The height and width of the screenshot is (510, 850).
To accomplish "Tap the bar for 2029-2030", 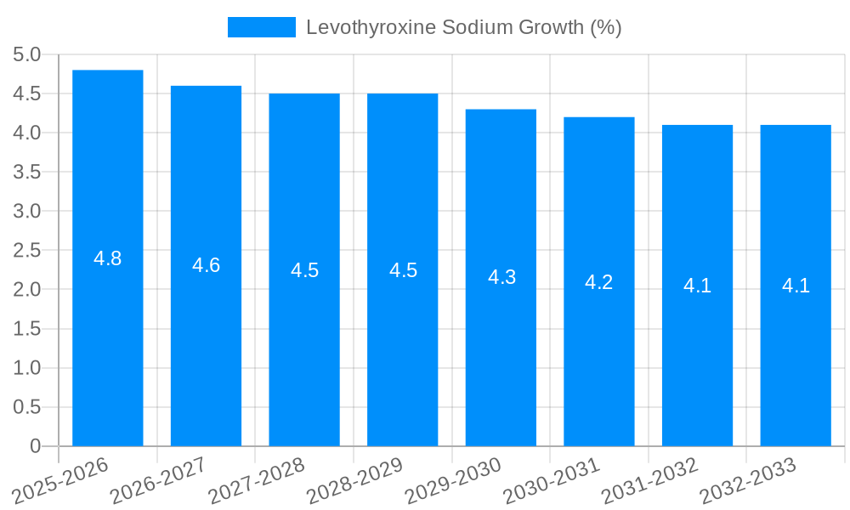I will coord(501,357).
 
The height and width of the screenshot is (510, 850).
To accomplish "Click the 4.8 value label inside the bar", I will coord(108,259).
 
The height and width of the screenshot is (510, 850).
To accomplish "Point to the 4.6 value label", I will coord(206,265).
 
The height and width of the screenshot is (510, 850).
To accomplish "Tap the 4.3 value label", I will coord(501,277).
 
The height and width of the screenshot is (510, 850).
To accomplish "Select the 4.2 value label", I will coord(599,282).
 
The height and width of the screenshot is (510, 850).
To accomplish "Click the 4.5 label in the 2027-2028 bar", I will coord(304,270).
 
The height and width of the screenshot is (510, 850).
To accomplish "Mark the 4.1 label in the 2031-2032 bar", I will coord(697,286).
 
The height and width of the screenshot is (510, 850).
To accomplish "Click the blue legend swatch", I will coord(261,27).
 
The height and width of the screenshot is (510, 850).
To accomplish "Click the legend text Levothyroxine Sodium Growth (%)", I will coord(463,27).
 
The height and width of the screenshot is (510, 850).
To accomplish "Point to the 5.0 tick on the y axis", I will coord(27,55).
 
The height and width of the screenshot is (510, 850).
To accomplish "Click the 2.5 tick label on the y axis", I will coord(27,251).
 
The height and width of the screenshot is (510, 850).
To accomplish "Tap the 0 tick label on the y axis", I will coord(35,446).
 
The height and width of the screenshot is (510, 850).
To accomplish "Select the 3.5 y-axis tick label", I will coord(27,173).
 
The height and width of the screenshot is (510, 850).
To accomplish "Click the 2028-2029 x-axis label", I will coord(354,481).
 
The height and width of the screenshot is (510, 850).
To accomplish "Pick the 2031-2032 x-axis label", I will coord(650,481).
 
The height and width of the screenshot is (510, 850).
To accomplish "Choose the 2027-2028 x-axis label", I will coord(257,481).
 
